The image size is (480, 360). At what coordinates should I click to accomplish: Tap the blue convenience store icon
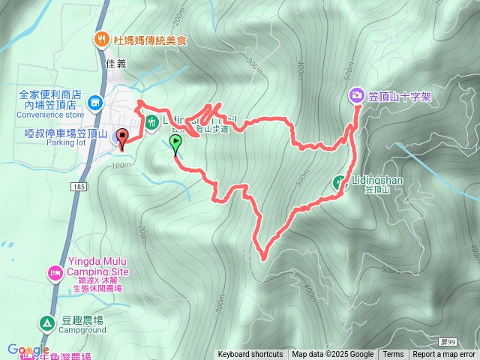(95, 102)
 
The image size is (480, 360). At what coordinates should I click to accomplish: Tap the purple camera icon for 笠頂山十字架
(356, 95)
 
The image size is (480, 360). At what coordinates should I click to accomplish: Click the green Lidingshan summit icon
(339, 181)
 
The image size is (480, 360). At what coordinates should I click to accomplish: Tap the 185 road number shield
(78, 184)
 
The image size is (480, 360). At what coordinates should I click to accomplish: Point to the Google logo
(28, 349)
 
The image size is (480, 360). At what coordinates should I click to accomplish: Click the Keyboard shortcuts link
(250, 355)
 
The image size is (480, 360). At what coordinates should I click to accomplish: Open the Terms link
(393, 355)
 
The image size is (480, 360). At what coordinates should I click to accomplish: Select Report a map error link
(444, 355)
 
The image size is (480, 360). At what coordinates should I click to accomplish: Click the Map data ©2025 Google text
(332, 355)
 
